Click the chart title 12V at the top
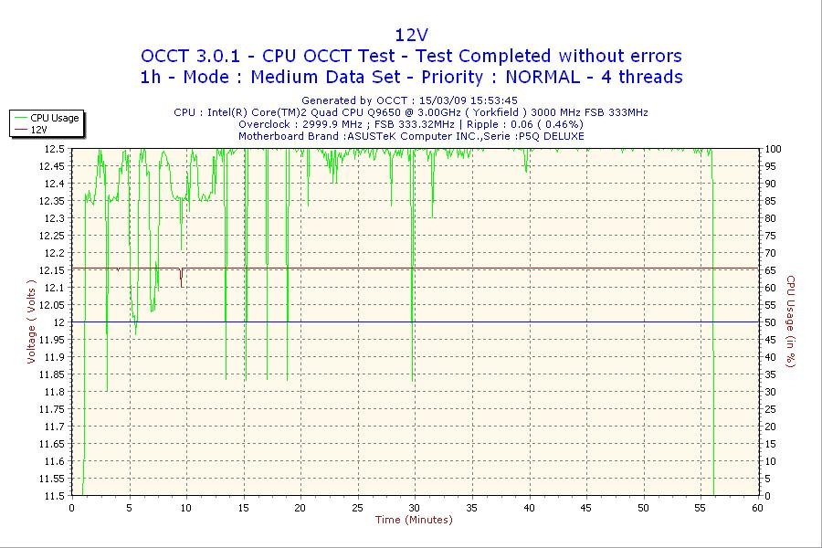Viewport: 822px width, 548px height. pyautogui.click(x=411, y=35)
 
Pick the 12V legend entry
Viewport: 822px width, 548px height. pyautogui.click(x=39, y=130)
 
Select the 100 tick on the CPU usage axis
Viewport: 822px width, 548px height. pyautogui.click(x=773, y=148)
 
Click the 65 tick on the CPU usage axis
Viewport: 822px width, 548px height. pyautogui.click(x=770, y=269)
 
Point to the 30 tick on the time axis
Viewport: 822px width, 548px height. pyautogui.click(x=415, y=508)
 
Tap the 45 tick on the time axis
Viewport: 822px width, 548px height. pyautogui.click(x=586, y=508)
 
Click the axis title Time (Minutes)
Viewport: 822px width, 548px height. pyautogui.click(x=414, y=521)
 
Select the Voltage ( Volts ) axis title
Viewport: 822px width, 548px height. pyautogui.click(x=31, y=321)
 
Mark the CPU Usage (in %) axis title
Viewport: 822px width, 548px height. pyautogui.click(x=791, y=321)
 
